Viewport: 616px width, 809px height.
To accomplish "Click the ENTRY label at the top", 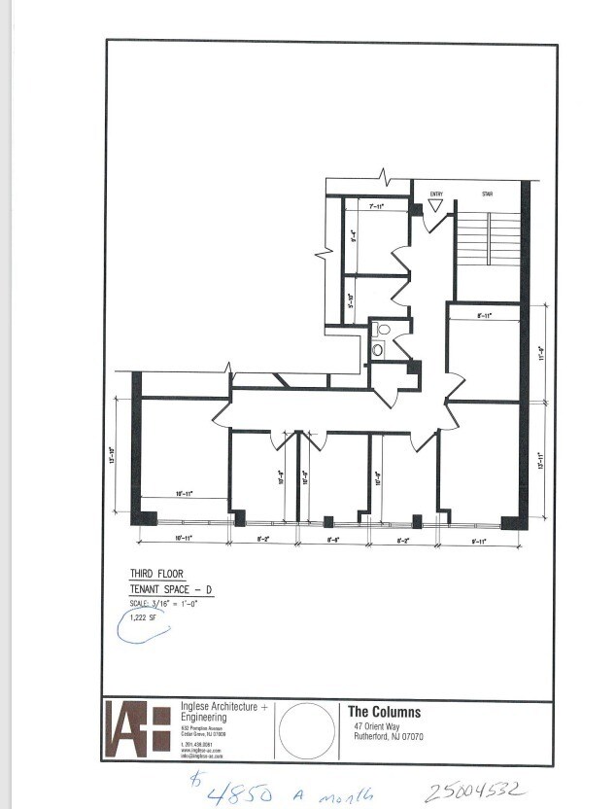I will point(436,193).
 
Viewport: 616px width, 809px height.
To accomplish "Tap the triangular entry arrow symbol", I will point(436,205).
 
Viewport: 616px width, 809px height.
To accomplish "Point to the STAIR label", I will point(487,193).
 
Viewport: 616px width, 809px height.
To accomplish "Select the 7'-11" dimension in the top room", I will point(376,206).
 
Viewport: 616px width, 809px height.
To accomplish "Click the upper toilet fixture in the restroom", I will point(383,330).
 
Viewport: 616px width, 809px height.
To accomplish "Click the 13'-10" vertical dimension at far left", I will point(114,455).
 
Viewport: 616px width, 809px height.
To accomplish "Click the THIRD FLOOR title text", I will point(156,575).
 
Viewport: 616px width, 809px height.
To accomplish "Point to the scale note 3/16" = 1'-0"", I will point(164,604).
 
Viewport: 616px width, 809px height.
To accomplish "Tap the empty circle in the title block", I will point(307,727).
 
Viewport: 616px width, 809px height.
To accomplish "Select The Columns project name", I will point(384,712).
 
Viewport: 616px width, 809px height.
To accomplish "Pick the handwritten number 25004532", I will point(475,789).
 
